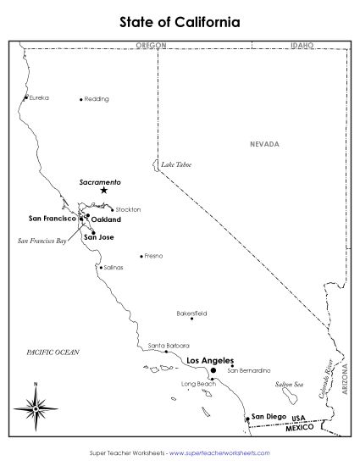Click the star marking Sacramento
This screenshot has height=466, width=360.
point(103,191)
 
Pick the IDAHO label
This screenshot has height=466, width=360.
point(302,44)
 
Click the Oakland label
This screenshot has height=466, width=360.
point(105,219)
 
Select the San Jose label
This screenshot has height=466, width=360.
point(98,237)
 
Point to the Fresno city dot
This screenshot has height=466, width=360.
point(141,256)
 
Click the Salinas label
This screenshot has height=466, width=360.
point(114,267)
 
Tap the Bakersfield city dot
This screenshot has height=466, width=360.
point(191,319)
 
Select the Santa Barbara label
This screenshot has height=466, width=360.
point(169,346)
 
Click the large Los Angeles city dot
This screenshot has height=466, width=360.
point(213,370)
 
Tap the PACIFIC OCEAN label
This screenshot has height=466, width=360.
point(53,351)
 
